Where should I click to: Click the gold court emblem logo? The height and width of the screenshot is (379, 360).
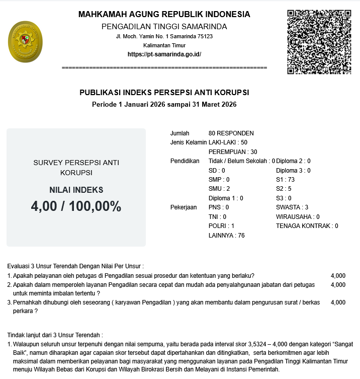[25, 42]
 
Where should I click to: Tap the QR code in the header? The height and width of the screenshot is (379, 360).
[319, 42]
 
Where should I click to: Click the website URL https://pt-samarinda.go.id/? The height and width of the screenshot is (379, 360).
[164, 54]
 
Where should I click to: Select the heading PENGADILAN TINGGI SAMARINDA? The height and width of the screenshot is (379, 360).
[164, 26]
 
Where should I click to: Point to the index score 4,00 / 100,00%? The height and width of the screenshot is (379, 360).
[76, 206]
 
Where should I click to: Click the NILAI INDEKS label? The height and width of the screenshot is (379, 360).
[76, 190]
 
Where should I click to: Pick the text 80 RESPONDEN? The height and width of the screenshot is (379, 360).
[231, 133]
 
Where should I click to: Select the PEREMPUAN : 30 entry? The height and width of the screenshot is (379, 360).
[233, 152]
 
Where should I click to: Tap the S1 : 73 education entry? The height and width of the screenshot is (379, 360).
[285, 180]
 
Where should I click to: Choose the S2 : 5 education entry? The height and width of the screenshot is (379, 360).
[284, 189]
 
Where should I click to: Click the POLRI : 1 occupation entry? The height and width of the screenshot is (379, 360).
[221, 226]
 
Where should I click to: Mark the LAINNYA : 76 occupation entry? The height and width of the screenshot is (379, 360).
[226, 235]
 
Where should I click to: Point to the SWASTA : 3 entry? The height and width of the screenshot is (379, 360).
[292, 207]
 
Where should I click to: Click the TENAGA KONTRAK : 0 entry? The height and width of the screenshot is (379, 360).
[307, 226]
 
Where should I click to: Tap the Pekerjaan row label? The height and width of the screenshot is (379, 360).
[184, 207]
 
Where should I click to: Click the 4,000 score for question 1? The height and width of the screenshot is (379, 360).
[338, 276]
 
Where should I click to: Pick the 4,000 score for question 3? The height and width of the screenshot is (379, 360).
[338, 302]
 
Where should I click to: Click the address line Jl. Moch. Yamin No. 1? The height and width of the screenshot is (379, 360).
[164, 37]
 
